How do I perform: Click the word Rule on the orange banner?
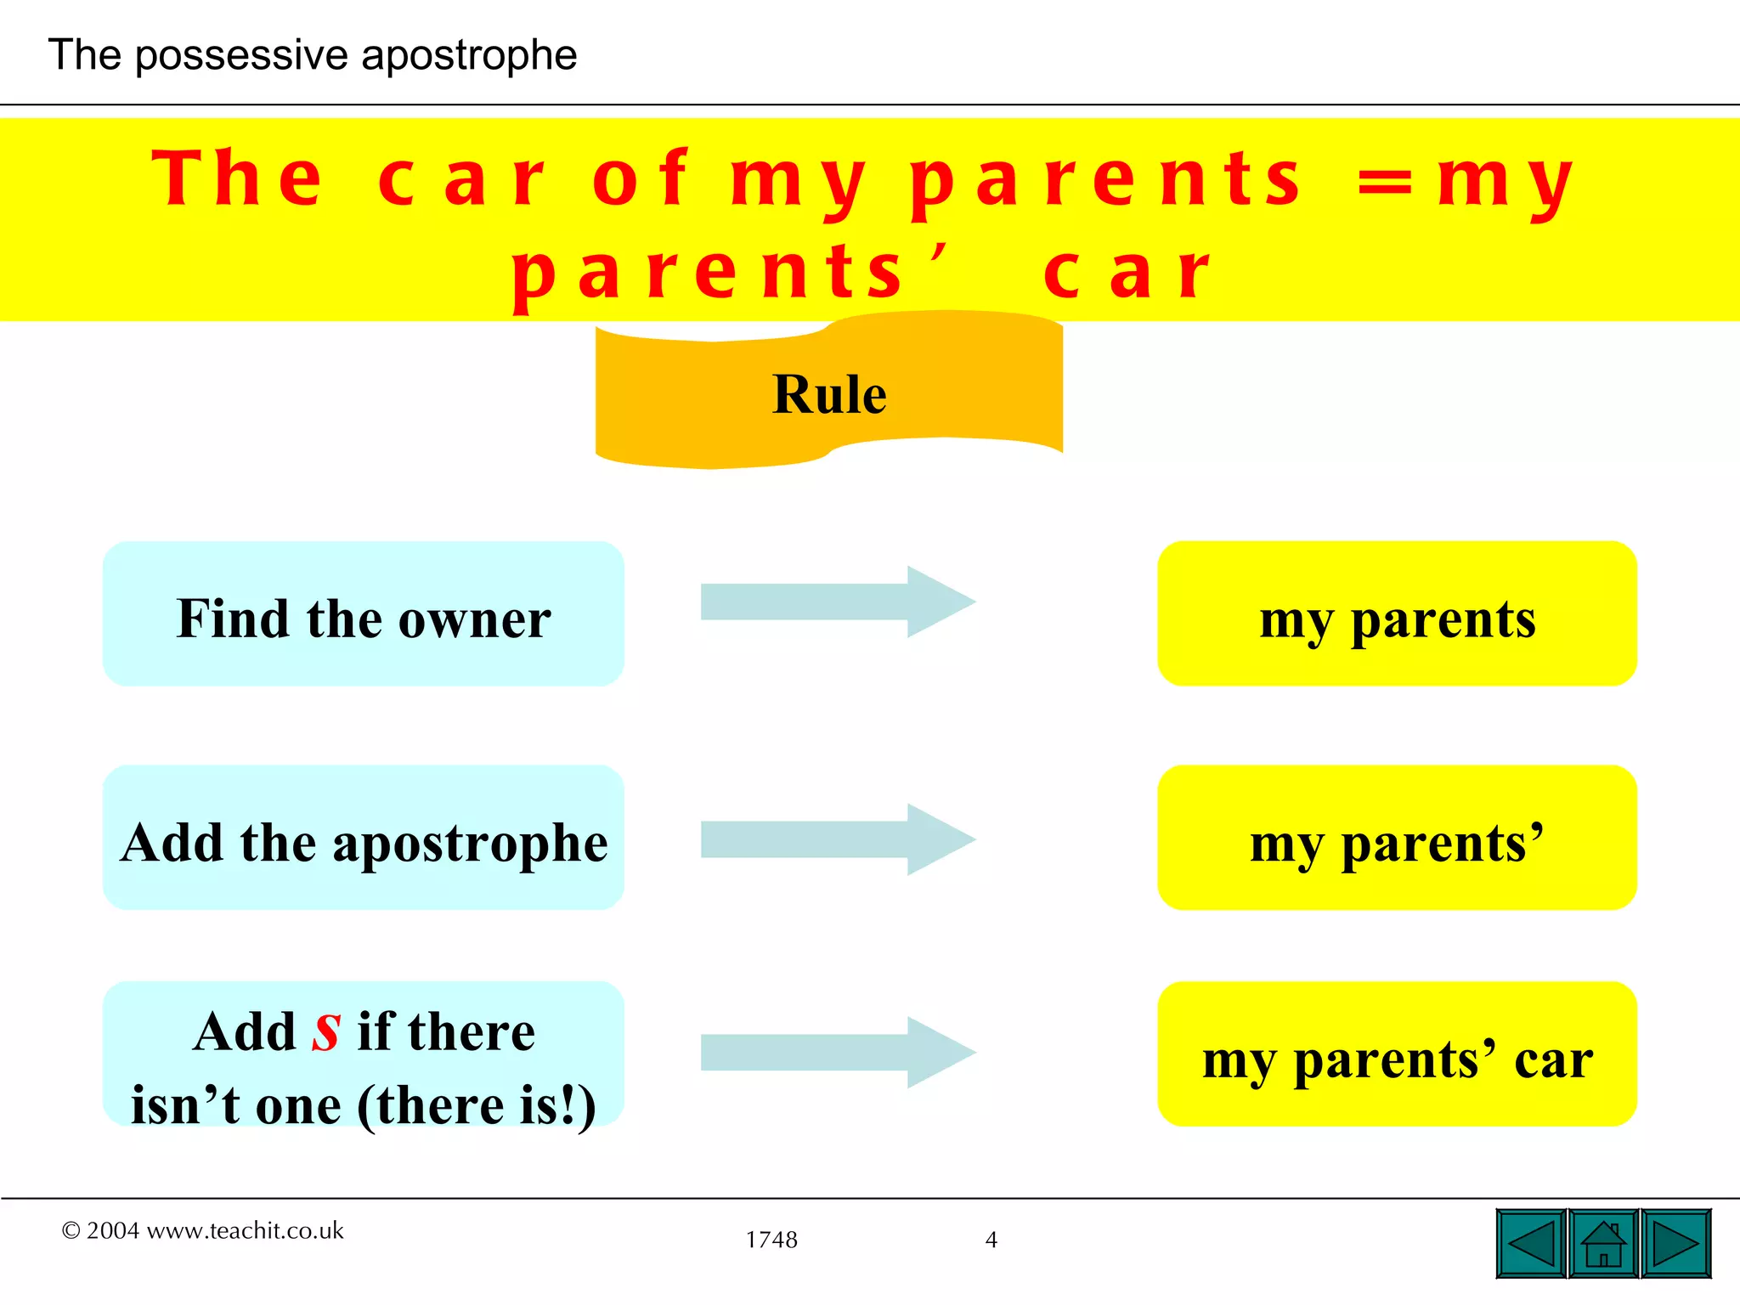pyautogui.click(x=829, y=395)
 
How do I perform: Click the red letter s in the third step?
pyautogui.click(x=326, y=1032)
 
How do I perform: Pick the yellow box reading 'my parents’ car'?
pyautogui.click(x=1397, y=1055)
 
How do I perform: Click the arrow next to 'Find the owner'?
pyautogui.click(x=837, y=602)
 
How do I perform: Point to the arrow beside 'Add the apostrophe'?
pyautogui.click(x=837, y=839)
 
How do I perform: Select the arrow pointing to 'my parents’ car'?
pyautogui.click(x=837, y=1053)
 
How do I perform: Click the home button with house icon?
pyautogui.click(x=1603, y=1244)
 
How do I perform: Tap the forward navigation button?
pyautogui.click(x=1675, y=1244)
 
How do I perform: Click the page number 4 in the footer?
pyautogui.click(x=991, y=1240)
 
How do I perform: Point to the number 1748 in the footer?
pyautogui.click(x=771, y=1240)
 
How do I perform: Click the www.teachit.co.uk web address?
pyautogui.click(x=246, y=1231)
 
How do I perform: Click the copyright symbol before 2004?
pyautogui.click(x=71, y=1231)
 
